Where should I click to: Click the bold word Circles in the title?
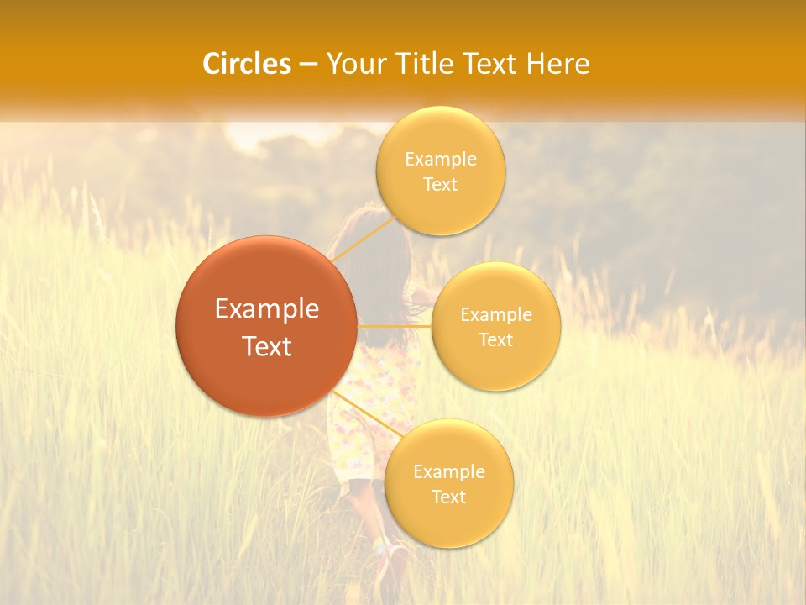point(247,64)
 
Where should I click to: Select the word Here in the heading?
point(557,64)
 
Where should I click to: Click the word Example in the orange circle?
point(267,309)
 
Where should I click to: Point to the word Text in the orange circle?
point(267,346)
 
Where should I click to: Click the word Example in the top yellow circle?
point(441,160)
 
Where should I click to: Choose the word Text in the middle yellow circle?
point(495,340)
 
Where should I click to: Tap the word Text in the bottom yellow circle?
point(448,497)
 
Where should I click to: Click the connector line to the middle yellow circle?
point(395,325)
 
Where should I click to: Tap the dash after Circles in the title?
point(308,65)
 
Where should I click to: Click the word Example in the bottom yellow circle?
point(449,472)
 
